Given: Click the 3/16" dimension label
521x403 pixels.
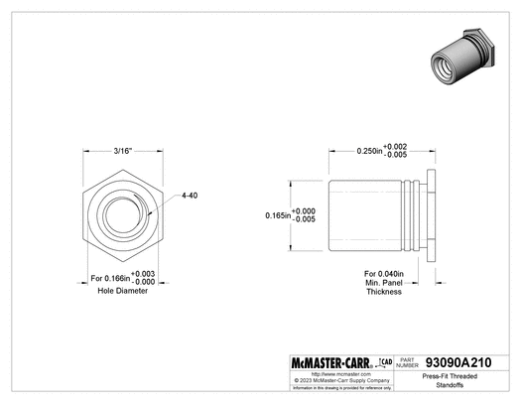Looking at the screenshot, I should click(123, 151).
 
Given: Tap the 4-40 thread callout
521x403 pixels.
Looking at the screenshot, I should click(190, 196).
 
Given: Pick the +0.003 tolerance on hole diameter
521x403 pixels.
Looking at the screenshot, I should click(145, 272).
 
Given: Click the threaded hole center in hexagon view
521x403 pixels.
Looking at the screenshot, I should click(123, 216).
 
